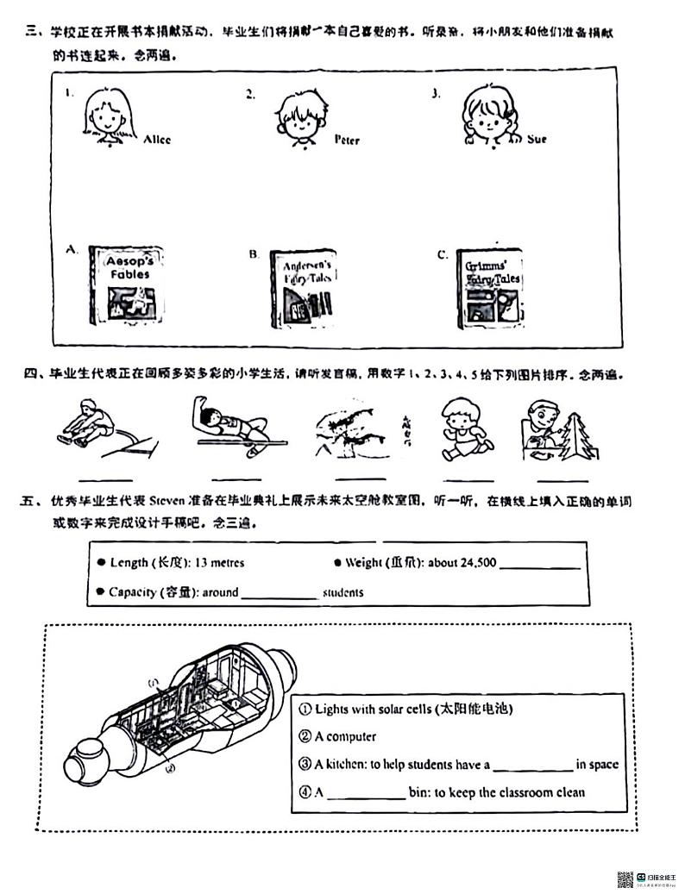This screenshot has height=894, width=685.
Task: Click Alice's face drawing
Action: pyautogui.click(x=110, y=116)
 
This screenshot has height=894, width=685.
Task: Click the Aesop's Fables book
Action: pyautogui.click(x=126, y=284)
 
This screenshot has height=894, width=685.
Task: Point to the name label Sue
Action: pyautogui.click(x=536, y=139)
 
